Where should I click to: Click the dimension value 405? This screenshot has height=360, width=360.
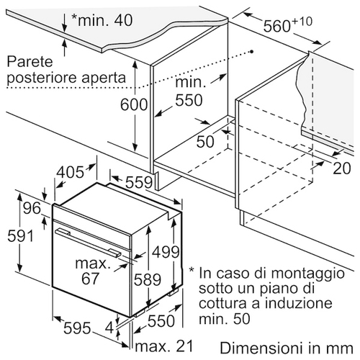pos(71,172)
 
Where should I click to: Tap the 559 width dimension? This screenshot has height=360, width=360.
pos(139,182)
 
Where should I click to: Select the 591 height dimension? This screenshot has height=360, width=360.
pos(20,236)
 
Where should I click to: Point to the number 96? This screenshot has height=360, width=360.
pos(32,208)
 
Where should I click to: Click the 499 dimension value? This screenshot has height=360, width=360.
pos(166,252)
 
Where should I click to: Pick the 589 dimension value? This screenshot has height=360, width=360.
pos(147,279)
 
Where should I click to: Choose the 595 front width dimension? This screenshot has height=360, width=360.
pos(77,328)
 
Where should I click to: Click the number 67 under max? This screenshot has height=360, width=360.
pos(90,279)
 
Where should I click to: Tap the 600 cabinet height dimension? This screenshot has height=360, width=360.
pos(134,104)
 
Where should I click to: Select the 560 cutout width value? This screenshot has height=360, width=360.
pos(277,26)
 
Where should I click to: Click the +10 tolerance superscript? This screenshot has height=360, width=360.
pos(302,22)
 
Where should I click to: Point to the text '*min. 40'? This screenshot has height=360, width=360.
pos(102,20)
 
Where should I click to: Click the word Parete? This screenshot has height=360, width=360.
pos(30,62)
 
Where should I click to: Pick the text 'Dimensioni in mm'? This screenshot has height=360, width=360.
pos(287,348)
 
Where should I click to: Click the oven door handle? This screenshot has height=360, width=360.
pos(88,243)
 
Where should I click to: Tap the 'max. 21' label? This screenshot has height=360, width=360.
pos(164,346)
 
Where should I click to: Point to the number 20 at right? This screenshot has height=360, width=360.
pos(342,168)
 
